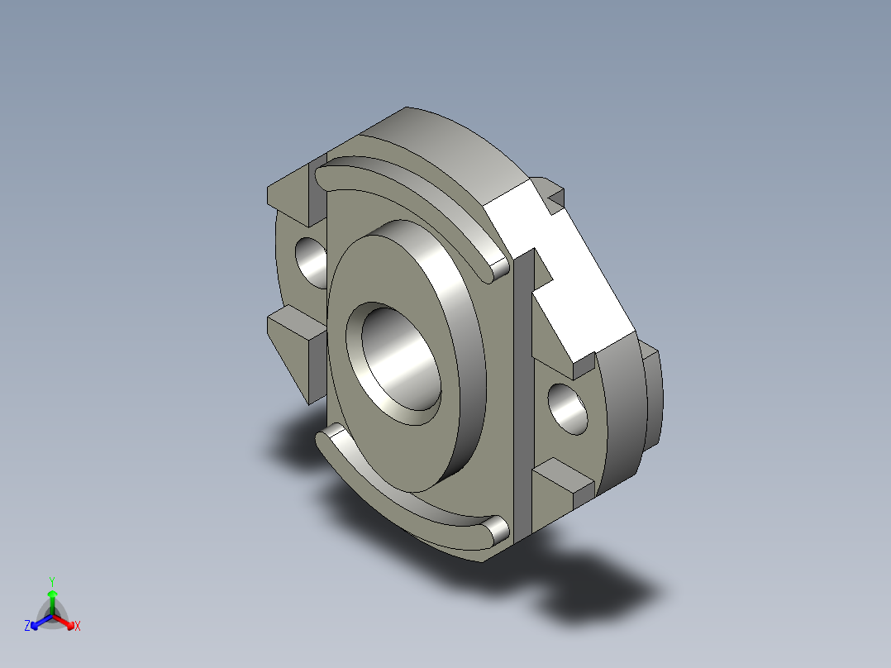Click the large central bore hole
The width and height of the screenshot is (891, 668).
tap(395, 360)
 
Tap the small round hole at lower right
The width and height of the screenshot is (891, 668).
tap(569, 408)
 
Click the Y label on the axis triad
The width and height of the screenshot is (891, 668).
tap(52, 580)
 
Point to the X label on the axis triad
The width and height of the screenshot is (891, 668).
tap(78, 627)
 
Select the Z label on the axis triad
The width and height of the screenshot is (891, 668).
tap(27, 627)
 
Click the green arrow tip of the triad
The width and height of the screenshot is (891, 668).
tap(52, 594)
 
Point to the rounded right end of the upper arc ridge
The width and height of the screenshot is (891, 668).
tap(500, 268)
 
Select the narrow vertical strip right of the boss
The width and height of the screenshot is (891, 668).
tap(523, 397)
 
